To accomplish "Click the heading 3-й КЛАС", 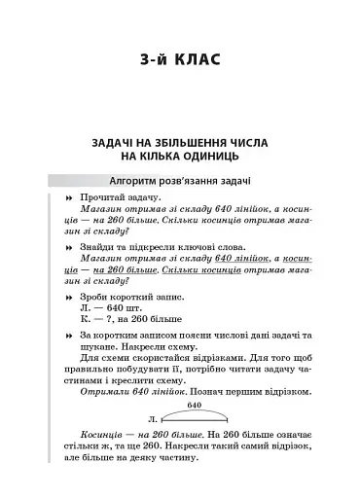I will (x=180, y=61).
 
